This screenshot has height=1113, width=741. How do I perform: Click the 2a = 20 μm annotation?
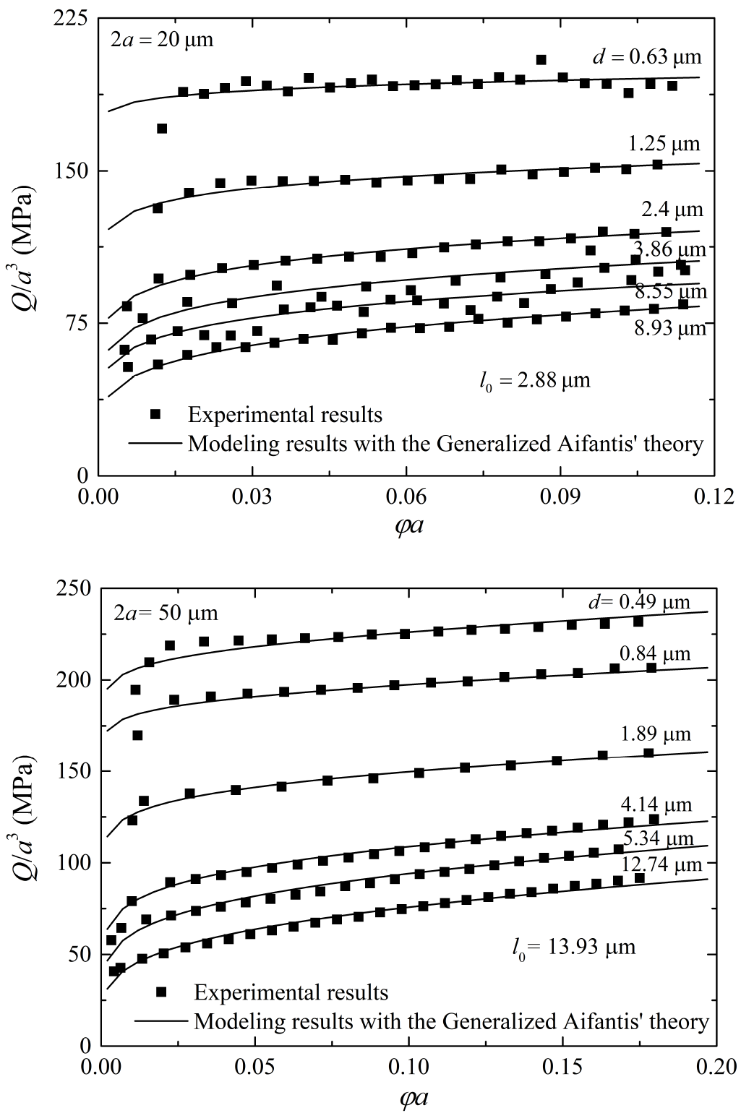point(161,39)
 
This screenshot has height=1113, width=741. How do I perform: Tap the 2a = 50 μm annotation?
point(166,614)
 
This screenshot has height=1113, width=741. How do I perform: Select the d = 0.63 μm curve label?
point(647,57)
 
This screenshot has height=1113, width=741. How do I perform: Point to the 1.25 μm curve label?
point(665,145)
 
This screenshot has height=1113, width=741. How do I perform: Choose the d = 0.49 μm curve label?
point(637,602)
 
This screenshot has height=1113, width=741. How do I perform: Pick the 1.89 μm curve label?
point(655,734)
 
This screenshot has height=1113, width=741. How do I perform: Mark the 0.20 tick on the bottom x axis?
point(716,1067)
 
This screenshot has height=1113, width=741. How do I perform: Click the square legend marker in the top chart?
point(156,414)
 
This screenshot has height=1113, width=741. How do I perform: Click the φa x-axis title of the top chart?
point(408,525)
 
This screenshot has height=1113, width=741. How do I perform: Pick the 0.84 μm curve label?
point(655,654)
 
